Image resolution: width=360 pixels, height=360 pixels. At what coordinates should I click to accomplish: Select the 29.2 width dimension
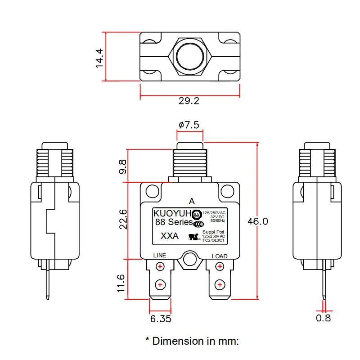(189, 101)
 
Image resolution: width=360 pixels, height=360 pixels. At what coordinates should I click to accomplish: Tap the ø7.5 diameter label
(189, 125)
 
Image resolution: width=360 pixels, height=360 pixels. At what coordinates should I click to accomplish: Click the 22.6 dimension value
(122, 219)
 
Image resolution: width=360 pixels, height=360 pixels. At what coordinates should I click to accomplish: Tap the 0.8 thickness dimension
(323, 318)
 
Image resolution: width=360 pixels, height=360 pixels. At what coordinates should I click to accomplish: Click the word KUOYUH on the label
(172, 213)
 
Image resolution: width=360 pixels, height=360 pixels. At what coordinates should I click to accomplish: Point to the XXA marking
(170, 236)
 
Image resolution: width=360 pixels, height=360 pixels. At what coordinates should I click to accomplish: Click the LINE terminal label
(160, 255)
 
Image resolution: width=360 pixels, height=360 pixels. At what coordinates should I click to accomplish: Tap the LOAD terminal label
(219, 256)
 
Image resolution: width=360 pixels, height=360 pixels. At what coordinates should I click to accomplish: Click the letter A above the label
(192, 201)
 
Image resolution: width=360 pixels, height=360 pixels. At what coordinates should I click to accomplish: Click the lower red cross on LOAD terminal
(219, 285)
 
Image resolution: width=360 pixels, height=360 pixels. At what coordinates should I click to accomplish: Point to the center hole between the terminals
(189, 259)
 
